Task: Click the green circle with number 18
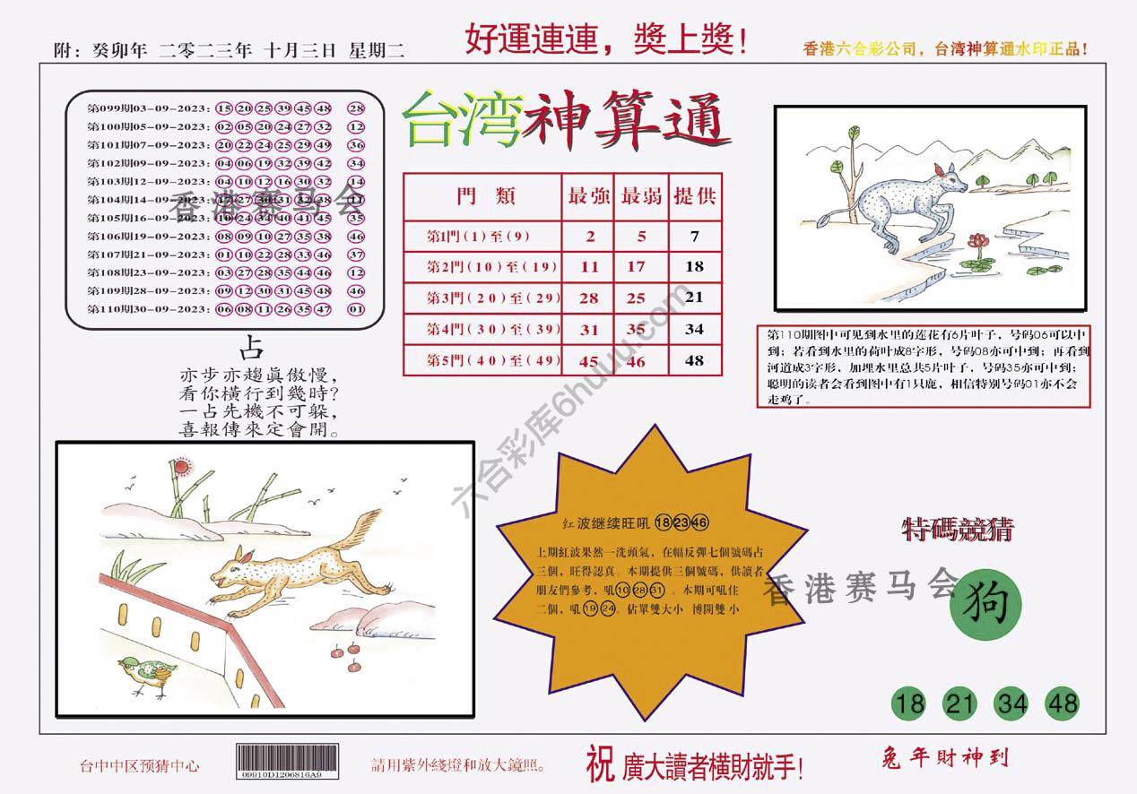pos(909,703)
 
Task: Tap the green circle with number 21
pos(960,703)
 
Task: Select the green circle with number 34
pos(1011,703)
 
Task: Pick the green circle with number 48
pos(1062,703)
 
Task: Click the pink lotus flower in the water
pos(975,240)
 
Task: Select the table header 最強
pos(588,196)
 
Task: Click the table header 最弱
pos(640,196)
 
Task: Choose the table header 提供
pos(694,196)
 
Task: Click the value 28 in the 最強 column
pos(589,298)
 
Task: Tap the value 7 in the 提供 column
pos(694,237)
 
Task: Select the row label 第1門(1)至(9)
pos(480,237)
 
